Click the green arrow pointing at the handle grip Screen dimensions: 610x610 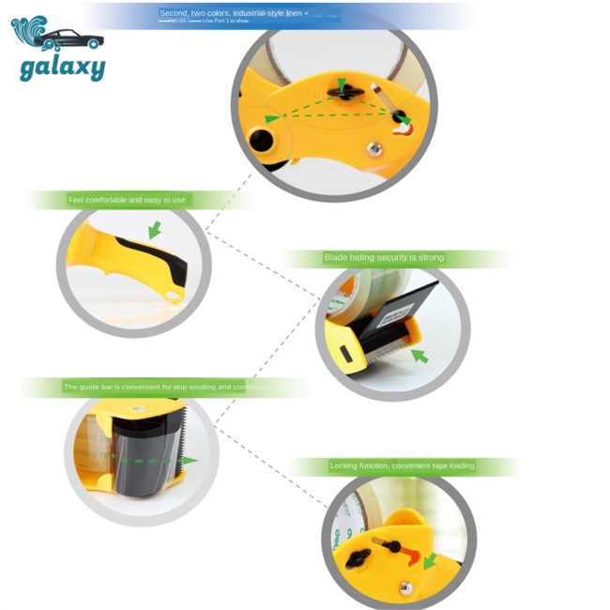click(x=154, y=230)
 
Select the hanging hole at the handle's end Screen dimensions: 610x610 click(x=172, y=297)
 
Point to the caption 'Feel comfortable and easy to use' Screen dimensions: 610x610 click(x=127, y=200)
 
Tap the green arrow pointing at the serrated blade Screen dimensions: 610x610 click(x=419, y=356)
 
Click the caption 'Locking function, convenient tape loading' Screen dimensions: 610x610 click(x=402, y=465)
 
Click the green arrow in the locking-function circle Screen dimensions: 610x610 click(x=430, y=561)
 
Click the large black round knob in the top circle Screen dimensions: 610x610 click(x=263, y=142)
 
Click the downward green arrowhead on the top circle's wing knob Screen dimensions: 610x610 click(x=341, y=84)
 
